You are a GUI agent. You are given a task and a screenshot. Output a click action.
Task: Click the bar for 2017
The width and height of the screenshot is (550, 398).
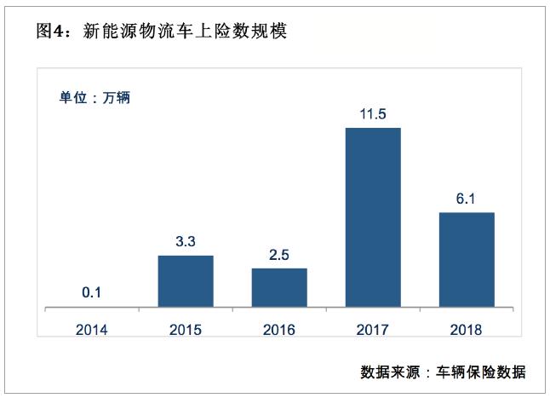(373, 216)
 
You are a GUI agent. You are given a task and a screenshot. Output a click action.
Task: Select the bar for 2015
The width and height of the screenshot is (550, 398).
(186, 280)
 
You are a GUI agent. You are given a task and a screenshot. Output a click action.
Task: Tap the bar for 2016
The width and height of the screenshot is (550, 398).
(279, 287)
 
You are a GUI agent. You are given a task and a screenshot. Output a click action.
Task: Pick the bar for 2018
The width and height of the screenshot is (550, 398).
(466, 259)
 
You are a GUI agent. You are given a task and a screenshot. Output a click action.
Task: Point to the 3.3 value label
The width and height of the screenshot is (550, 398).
(186, 241)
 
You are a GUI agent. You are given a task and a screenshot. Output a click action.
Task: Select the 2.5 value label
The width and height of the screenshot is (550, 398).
(279, 254)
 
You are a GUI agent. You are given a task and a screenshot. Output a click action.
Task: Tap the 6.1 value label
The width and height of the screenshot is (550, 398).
(466, 199)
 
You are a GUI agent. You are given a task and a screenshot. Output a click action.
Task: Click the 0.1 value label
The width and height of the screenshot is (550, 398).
(92, 292)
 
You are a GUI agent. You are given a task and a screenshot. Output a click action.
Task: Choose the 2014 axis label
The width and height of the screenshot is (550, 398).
(92, 329)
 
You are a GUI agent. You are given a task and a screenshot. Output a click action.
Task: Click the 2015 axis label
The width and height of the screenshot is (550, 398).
(186, 329)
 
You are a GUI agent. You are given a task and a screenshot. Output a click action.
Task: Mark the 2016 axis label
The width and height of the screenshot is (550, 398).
(279, 329)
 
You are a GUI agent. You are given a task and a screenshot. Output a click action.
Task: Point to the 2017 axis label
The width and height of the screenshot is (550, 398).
(373, 329)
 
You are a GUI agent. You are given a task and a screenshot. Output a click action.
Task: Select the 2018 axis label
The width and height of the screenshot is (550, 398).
(466, 329)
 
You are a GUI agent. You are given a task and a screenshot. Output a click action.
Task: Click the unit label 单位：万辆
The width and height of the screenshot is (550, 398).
(94, 97)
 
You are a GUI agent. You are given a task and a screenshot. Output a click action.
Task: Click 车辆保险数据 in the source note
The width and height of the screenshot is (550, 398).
(481, 372)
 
